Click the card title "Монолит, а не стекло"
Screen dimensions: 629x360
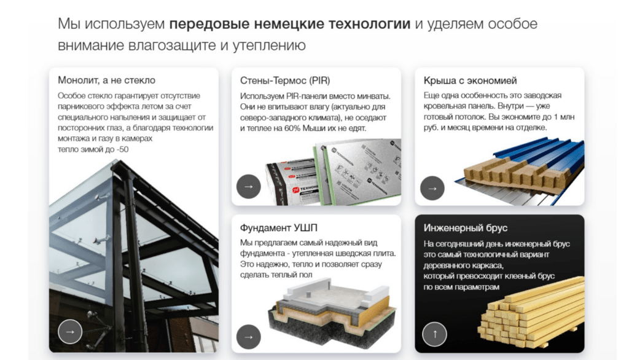[106, 80]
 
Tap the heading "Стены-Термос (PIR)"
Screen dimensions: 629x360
[285, 80]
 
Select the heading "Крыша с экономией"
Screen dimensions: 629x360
[470, 80]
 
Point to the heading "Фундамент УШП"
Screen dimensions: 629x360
[278, 228]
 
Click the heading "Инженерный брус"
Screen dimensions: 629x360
[466, 228]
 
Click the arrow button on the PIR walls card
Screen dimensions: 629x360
[249, 187]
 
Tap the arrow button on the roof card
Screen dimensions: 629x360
[432, 188]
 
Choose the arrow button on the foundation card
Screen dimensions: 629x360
[249, 337]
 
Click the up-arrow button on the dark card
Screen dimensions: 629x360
[435, 334]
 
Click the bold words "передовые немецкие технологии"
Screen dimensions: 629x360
[290, 24]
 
